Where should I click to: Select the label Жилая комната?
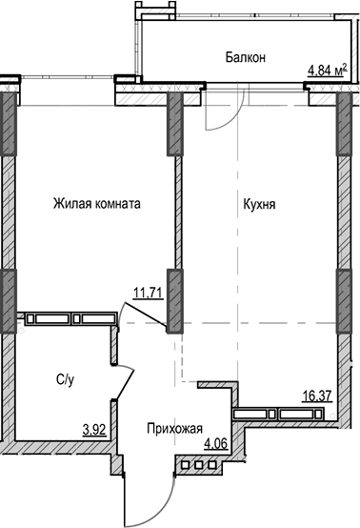pyautogui.click(x=97, y=203)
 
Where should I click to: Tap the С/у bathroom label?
pyautogui.click(x=66, y=379)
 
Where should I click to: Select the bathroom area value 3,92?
pyautogui.click(x=93, y=430)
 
